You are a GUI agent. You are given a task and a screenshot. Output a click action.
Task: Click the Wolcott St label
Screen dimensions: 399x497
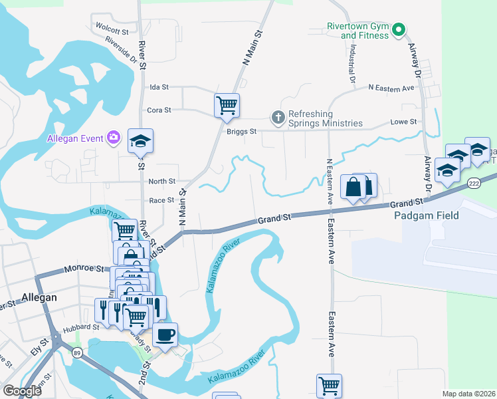click(x=112, y=31)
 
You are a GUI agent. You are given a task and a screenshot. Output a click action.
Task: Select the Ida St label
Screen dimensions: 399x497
click(x=160, y=87)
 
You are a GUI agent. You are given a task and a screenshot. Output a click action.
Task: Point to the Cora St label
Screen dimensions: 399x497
click(x=160, y=110)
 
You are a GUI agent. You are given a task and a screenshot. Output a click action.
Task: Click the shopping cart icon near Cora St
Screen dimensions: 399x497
click(x=227, y=105)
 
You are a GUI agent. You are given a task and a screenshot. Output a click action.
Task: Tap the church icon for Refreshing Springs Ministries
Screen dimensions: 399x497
click(x=278, y=118)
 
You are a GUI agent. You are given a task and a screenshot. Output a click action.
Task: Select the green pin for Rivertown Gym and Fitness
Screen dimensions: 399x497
click(x=398, y=29)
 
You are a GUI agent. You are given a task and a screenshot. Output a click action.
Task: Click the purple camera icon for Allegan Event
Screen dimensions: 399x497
click(x=114, y=138)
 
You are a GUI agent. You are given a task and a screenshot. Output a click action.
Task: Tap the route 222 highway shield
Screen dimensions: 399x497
click(x=474, y=183)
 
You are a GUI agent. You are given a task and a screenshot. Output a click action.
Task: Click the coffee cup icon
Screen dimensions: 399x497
click(x=165, y=334)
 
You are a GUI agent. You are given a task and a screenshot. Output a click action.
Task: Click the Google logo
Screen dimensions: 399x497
click(x=23, y=391)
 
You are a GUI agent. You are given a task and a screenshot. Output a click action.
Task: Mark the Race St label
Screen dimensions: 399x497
click(x=161, y=200)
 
